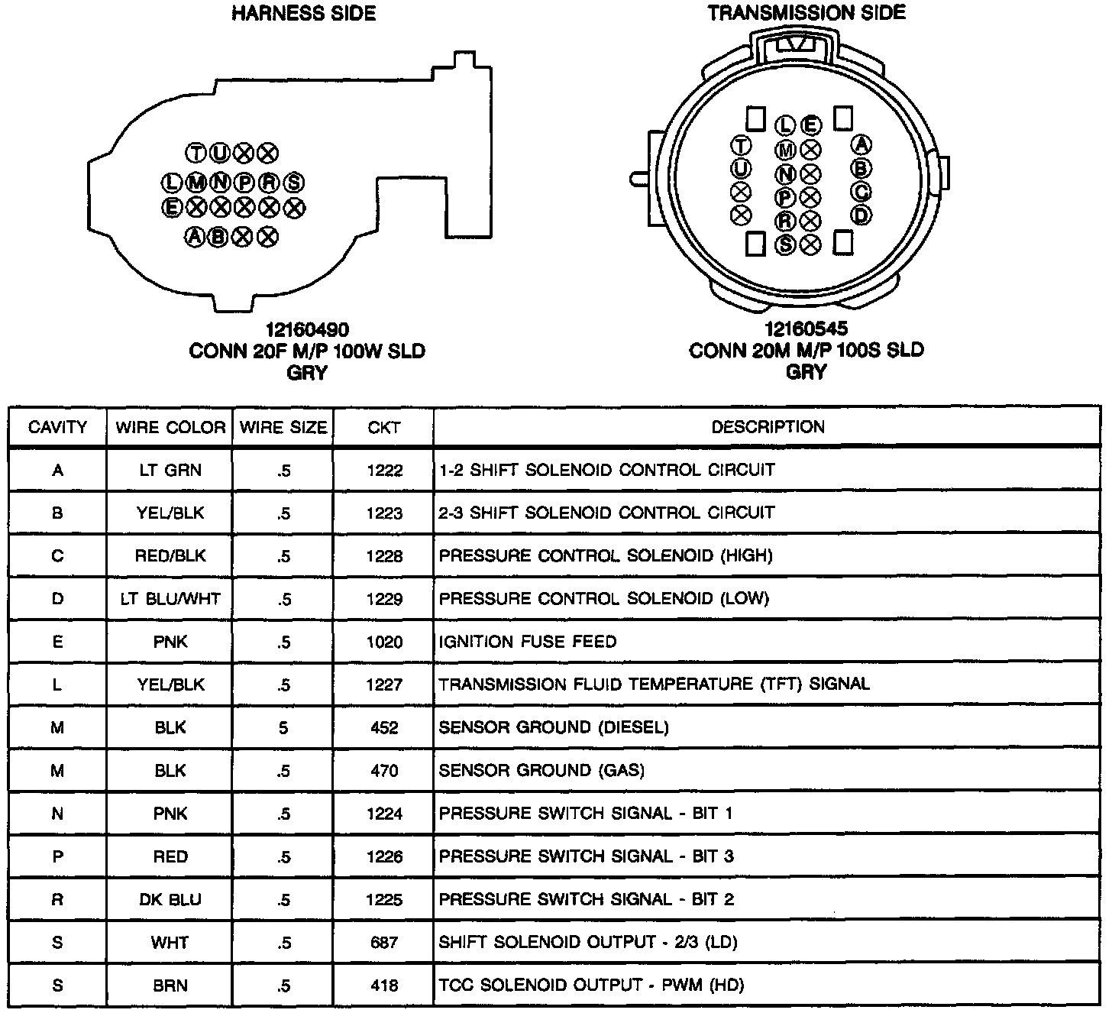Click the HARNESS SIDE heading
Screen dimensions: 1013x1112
304,14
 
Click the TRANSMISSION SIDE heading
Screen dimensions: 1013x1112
806,13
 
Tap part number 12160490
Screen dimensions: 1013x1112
307,330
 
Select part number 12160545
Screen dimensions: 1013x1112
806,329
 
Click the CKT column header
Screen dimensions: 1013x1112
383,428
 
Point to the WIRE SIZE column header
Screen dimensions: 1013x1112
283,428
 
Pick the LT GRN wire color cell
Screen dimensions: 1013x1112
170,471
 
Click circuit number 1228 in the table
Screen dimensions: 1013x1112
383,556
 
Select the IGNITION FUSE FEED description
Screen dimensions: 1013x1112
527,642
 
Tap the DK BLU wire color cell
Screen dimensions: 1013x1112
170,899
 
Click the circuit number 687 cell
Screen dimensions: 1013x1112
383,942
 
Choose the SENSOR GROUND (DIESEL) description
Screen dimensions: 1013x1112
553,727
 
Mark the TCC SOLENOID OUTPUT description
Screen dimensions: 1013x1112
591,985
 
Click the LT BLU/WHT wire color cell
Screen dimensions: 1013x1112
170,599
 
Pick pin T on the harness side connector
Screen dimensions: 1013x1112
196,154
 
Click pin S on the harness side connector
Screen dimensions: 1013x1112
294,183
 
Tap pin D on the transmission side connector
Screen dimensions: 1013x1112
861,215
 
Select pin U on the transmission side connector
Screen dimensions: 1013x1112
741,168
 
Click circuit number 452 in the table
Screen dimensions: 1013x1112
383,727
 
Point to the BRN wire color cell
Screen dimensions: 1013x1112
170,985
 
